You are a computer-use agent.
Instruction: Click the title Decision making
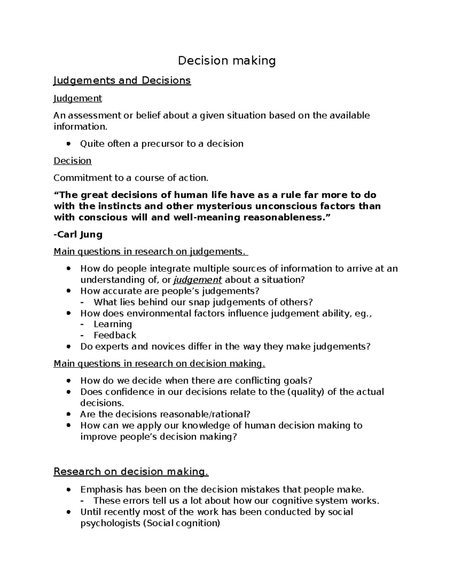click(x=227, y=60)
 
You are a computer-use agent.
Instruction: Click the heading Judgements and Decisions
click(x=122, y=81)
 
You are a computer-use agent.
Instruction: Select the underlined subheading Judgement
click(x=78, y=99)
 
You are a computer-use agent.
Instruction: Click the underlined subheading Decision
click(x=73, y=161)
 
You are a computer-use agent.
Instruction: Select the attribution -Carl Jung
click(x=78, y=235)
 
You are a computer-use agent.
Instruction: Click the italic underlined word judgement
click(x=197, y=280)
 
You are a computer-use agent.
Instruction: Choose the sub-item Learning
click(x=113, y=324)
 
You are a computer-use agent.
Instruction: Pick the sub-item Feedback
click(x=115, y=335)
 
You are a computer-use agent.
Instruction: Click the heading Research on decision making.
click(x=131, y=472)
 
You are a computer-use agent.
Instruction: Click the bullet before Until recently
click(x=68, y=513)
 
